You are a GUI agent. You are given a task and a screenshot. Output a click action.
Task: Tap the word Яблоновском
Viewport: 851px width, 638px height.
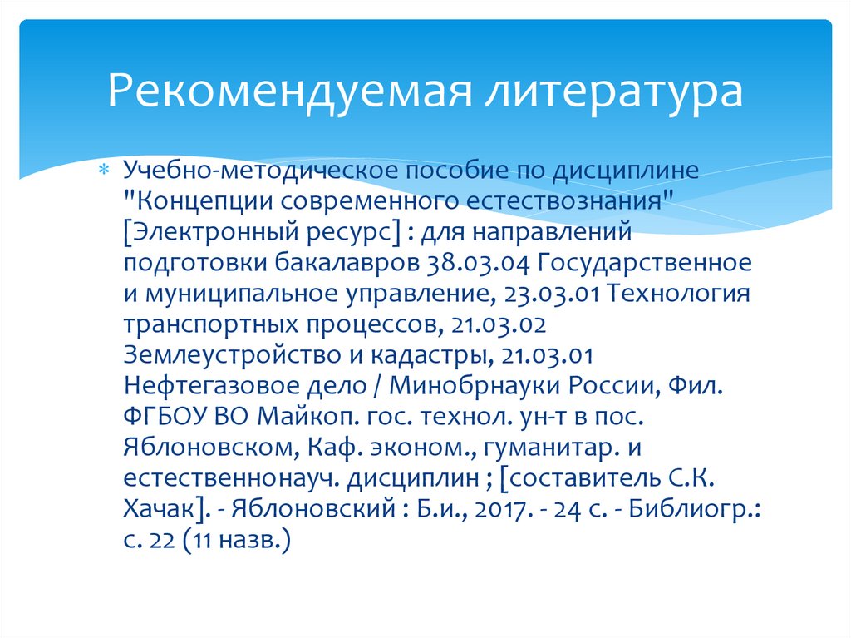point(207,448)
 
